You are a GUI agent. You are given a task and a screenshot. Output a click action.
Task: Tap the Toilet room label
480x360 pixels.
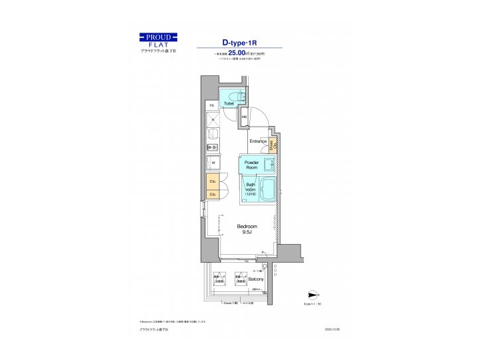pyautogui.click(x=228, y=104)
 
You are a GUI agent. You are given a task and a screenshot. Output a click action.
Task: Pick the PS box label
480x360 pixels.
pyautogui.click(x=211, y=105)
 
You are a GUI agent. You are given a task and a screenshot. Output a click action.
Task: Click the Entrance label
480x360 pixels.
pyautogui.click(x=258, y=141)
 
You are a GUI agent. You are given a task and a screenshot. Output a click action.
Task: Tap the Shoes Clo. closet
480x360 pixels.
pyautogui.click(x=273, y=145)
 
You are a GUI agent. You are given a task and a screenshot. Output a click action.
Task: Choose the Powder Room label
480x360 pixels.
pyautogui.click(x=251, y=165)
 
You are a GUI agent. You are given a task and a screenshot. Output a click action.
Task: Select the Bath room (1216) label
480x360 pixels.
pyautogui.click(x=250, y=189)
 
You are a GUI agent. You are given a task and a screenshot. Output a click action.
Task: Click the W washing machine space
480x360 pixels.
pyautogui.click(x=213, y=162)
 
